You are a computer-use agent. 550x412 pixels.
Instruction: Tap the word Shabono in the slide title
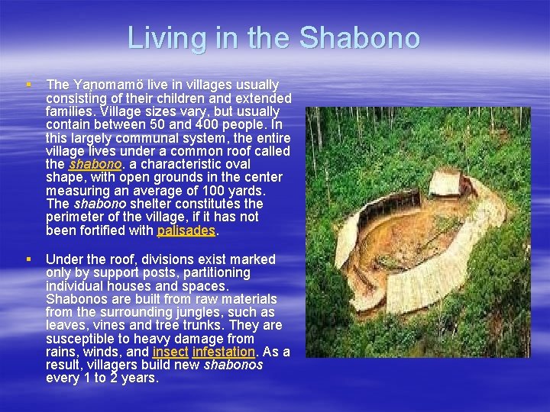coord(360,37)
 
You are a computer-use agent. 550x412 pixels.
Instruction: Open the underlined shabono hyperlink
coord(95,164)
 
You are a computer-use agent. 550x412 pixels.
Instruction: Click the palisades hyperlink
coord(186,230)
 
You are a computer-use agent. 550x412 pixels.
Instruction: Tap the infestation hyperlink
coord(224,352)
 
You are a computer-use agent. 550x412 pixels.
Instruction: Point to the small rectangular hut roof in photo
coord(446,183)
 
